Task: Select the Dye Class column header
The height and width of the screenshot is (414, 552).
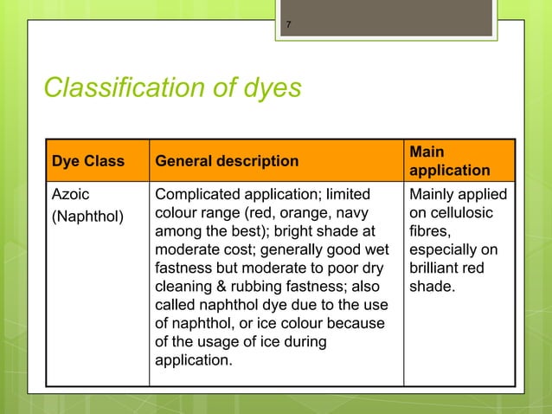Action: pos(87,160)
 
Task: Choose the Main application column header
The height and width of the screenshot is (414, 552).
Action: pos(449,160)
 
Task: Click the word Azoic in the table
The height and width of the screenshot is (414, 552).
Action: pos(71,195)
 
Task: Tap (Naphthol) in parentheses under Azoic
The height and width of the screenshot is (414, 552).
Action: pos(88,214)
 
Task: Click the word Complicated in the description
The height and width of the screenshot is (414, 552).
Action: pos(198,195)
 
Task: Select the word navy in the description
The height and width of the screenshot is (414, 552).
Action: pos(355,214)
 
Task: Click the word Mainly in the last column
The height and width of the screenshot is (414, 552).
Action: pos(435,195)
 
